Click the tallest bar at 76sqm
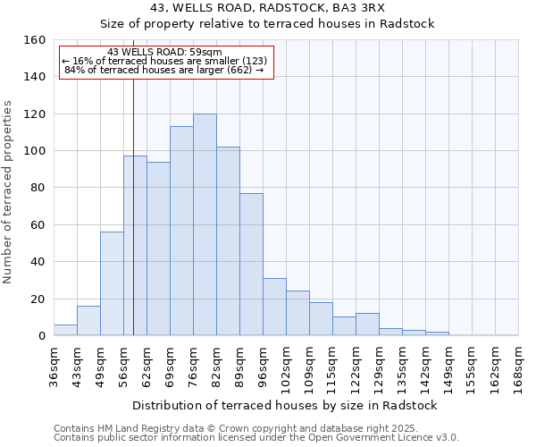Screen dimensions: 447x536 205,224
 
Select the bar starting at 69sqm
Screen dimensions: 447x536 181,231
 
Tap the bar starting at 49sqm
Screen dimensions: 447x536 112,283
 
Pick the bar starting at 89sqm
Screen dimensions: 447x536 251,265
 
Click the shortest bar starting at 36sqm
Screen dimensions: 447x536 65,330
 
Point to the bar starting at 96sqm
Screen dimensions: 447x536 274,307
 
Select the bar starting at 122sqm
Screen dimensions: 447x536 367,325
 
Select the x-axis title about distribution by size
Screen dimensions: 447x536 285,405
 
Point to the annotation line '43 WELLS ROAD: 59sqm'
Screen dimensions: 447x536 164,53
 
